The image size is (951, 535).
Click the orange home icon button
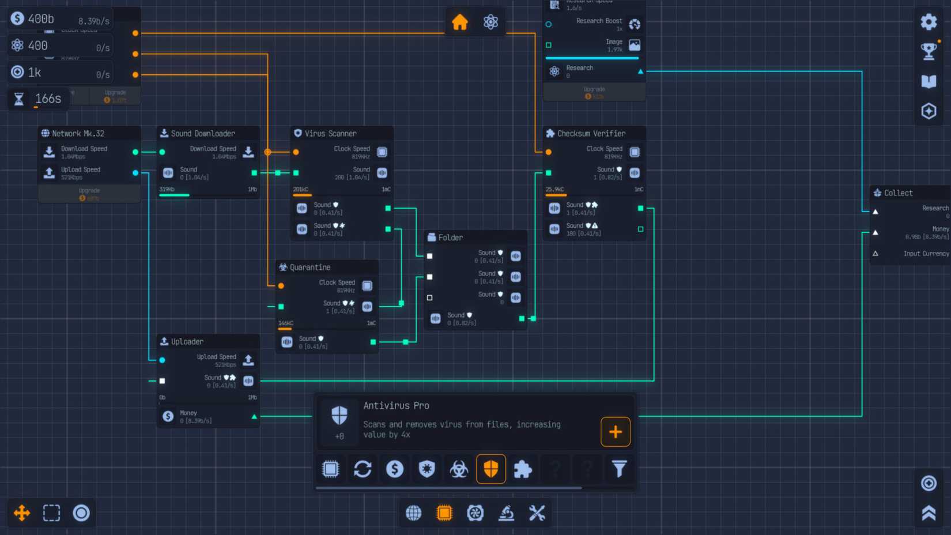tap(460, 22)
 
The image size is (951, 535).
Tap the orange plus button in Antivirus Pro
tap(615, 431)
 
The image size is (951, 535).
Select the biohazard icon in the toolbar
tap(459, 469)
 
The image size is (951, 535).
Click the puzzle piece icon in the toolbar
tap(523, 469)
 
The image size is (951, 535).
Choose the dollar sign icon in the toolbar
tap(395, 469)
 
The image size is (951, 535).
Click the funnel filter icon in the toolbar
tap(619, 469)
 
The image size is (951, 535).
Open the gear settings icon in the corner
tap(929, 22)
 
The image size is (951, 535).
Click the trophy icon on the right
tap(929, 51)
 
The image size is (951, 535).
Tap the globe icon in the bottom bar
tap(413, 513)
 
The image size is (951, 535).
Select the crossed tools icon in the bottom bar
tap(537, 513)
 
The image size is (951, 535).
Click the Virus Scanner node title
tap(330, 133)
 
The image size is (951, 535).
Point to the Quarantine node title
tap(310, 267)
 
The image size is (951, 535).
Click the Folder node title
tap(450, 238)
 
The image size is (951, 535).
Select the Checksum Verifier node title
tap(591, 133)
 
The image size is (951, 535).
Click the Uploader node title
tap(187, 341)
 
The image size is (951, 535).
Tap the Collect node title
tap(898, 193)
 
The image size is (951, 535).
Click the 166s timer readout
tap(48, 99)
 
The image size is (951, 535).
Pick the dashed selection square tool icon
tap(51, 513)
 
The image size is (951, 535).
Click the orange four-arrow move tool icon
tap(22, 513)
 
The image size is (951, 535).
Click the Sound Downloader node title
tap(203, 133)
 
